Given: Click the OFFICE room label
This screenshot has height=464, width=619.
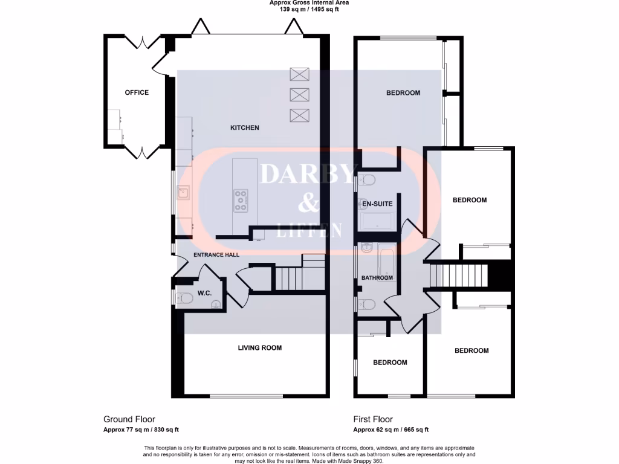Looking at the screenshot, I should (x=137, y=92).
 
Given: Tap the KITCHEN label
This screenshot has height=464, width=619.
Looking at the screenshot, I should (x=245, y=127).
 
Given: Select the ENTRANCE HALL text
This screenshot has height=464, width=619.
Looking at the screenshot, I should (x=216, y=255).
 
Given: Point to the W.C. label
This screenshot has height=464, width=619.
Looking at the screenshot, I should (x=203, y=294).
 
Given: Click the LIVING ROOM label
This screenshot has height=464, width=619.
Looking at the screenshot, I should (x=259, y=347).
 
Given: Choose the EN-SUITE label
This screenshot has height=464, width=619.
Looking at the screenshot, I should (x=377, y=204).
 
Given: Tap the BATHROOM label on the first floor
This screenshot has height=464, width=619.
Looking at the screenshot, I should (x=377, y=278).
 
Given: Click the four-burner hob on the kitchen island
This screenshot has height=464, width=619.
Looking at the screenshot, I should (x=241, y=201).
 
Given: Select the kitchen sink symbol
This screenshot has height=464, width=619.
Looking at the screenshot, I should (x=184, y=193).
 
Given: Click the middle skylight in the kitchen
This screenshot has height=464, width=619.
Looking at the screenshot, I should (x=299, y=94).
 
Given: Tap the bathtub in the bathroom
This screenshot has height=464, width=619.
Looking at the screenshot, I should (x=386, y=260).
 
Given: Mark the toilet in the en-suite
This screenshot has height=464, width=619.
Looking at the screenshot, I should (x=366, y=179).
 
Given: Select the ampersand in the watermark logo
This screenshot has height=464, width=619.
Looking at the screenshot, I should (x=309, y=204).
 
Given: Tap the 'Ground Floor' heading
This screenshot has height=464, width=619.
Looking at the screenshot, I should (x=129, y=419).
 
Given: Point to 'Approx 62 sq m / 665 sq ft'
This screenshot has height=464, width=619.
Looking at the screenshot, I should (x=391, y=430).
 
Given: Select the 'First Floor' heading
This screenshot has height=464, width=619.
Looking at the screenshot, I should (x=373, y=419).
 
